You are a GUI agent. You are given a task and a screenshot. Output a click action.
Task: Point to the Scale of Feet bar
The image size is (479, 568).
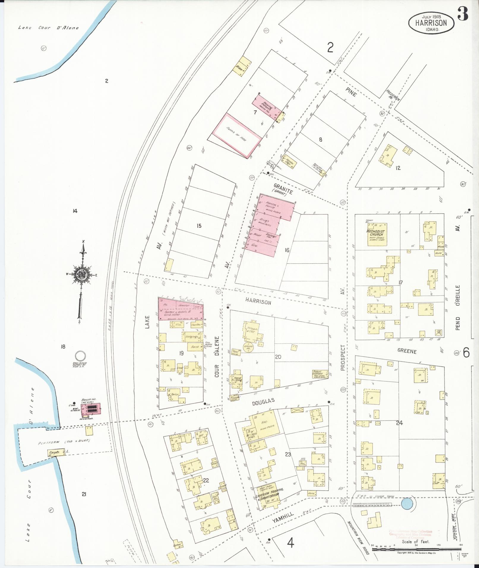tap(416, 550)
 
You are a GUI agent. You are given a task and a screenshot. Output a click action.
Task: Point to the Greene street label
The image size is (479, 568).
tap(407, 351)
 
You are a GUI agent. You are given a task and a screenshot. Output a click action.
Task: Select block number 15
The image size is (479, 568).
tap(199, 226)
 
